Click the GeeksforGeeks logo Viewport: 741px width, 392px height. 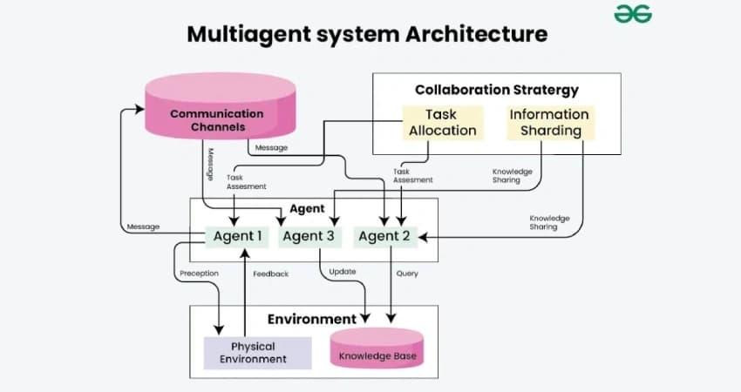click(x=633, y=15)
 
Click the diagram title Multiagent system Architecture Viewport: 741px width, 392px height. click(x=368, y=34)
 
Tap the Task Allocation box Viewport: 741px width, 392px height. click(x=440, y=123)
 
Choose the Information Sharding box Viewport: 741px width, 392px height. click(x=549, y=123)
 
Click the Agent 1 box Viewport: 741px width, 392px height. click(x=238, y=236)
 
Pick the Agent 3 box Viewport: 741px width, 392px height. click(x=309, y=236)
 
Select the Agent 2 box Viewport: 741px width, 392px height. click(x=384, y=236)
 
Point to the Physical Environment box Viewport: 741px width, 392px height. click(x=258, y=352)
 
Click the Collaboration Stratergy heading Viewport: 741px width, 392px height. click(x=496, y=90)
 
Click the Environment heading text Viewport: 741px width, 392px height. click(x=311, y=319)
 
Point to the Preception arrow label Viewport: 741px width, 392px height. click(x=199, y=274)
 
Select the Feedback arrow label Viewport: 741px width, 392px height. click(x=270, y=274)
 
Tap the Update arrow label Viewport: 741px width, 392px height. click(x=342, y=273)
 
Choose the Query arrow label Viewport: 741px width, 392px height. click(x=407, y=274)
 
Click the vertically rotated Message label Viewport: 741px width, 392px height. click(x=211, y=163)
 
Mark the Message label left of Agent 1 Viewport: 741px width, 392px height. click(x=143, y=227)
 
